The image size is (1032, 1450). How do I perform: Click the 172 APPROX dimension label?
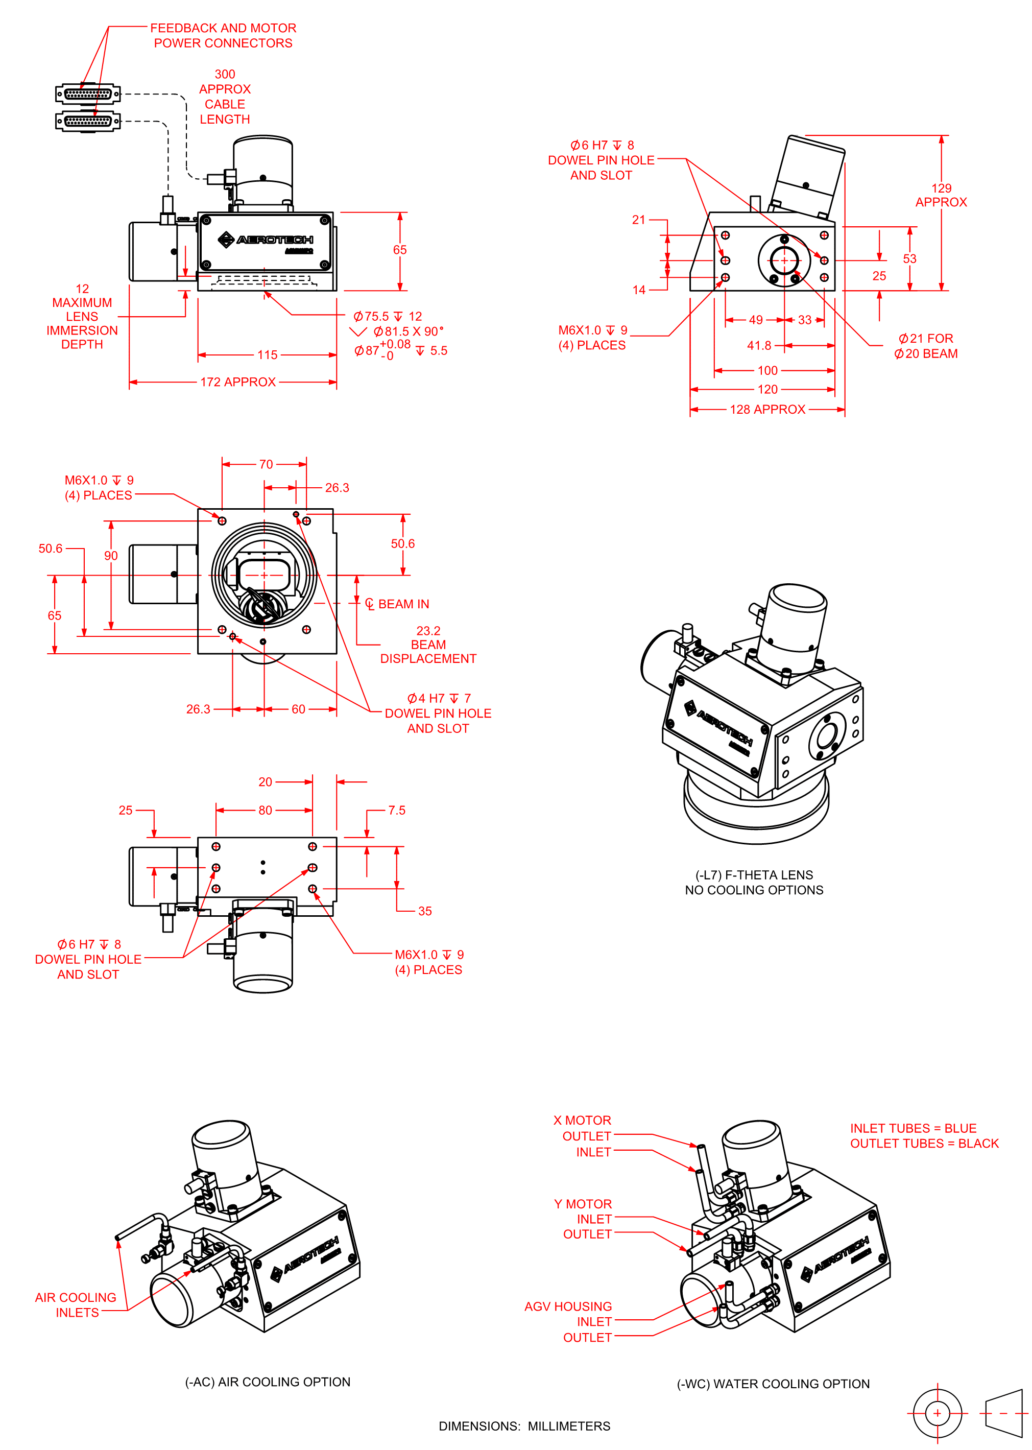[237, 382]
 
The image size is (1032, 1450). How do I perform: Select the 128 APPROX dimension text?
[767, 409]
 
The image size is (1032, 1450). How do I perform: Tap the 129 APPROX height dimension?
[941, 195]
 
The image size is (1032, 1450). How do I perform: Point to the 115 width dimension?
[267, 354]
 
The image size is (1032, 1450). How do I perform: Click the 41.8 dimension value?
[759, 346]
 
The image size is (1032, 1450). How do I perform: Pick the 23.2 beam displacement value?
[428, 630]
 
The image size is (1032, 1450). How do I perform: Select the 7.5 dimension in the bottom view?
[397, 810]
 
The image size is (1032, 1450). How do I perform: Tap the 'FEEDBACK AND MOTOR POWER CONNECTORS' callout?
[223, 36]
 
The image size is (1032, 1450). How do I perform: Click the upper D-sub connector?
[88, 94]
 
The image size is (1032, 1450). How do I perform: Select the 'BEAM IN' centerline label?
[403, 604]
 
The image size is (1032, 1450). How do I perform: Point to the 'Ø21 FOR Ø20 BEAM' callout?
[925, 346]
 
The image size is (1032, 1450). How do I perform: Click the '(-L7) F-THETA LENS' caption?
[754, 875]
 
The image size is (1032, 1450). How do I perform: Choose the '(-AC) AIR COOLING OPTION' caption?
[268, 1382]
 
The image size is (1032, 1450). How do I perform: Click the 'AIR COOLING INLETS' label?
[76, 1304]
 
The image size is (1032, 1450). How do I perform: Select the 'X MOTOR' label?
[582, 1120]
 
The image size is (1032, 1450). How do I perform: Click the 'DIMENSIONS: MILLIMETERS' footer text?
[524, 1426]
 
